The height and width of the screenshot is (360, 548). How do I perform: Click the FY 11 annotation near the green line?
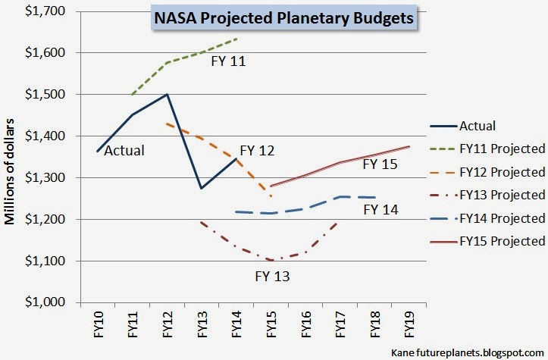coord(229,59)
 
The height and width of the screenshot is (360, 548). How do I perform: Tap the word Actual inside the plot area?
coord(124,150)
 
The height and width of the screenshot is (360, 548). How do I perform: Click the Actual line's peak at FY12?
coord(166,95)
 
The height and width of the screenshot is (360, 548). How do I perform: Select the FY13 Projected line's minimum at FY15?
coord(271,260)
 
